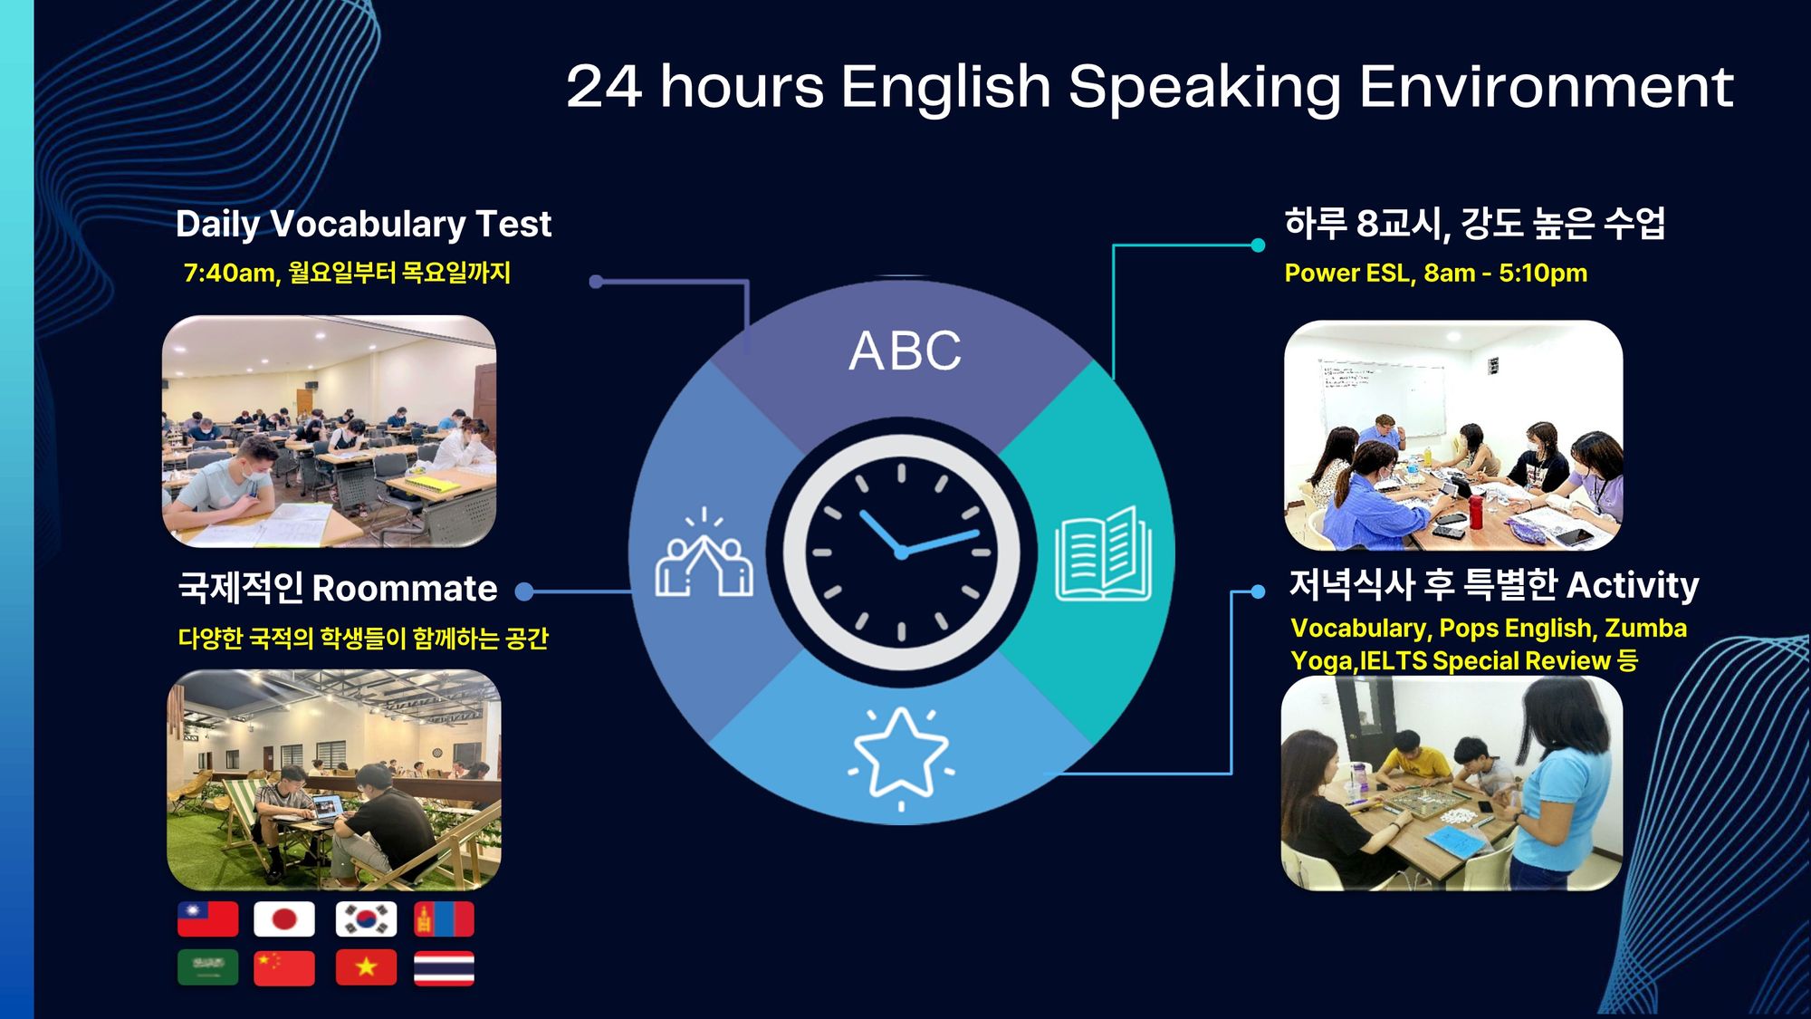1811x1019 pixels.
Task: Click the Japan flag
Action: [284, 919]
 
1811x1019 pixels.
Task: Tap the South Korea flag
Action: [366, 919]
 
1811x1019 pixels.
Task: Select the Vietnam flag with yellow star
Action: [366, 967]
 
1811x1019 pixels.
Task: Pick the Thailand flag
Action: [444, 967]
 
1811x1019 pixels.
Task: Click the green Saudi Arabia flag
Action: [207, 967]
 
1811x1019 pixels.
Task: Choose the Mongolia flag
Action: [444, 919]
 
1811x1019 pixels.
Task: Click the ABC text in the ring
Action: [905, 351]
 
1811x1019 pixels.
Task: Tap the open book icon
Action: [1103, 553]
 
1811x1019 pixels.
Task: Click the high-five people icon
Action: [704, 553]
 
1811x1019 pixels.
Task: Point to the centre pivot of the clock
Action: [901, 552]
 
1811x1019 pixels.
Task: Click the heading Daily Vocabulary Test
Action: [363, 225]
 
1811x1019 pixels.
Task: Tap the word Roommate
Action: [405, 589]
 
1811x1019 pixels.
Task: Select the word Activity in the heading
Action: [1633, 586]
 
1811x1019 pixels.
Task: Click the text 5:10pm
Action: [1543, 273]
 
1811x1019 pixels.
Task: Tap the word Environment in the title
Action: [1546, 87]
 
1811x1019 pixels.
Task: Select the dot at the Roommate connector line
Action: [523, 591]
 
